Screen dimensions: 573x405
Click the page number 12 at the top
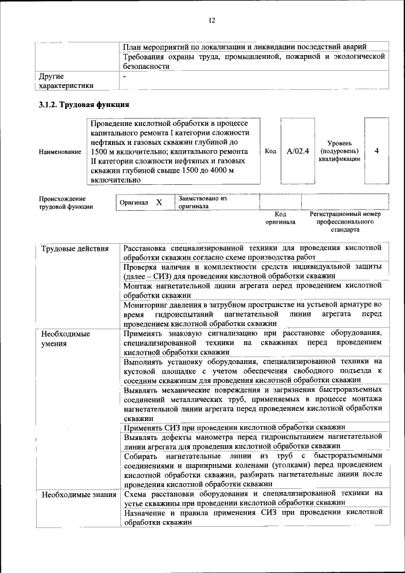pyautogui.click(x=212, y=21)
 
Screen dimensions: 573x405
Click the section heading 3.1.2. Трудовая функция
pyautogui.click(x=84, y=104)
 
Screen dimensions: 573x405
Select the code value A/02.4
pyautogui.click(x=297, y=151)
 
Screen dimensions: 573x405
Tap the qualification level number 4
pyautogui.click(x=377, y=151)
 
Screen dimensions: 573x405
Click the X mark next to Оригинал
pyautogui.click(x=159, y=202)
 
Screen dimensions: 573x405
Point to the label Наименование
pyautogui.click(x=59, y=152)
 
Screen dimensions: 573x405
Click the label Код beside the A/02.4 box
pyautogui.click(x=270, y=151)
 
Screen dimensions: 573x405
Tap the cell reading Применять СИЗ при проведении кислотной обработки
pyautogui.click(x=234, y=427)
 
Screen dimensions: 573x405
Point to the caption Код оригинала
pyautogui.click(x=280, y=218)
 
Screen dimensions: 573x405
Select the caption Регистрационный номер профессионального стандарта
pyautogui.click(x=346, y=222)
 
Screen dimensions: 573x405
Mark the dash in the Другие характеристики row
pyautogui.click(x=125, y=76)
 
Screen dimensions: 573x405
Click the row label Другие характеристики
pyautogui.click(x=66, y=80)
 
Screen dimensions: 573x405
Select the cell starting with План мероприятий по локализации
pyautogui.click(x=244, y=47)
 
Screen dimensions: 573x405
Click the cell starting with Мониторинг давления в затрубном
pyautogui.click(x=253, y=314)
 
